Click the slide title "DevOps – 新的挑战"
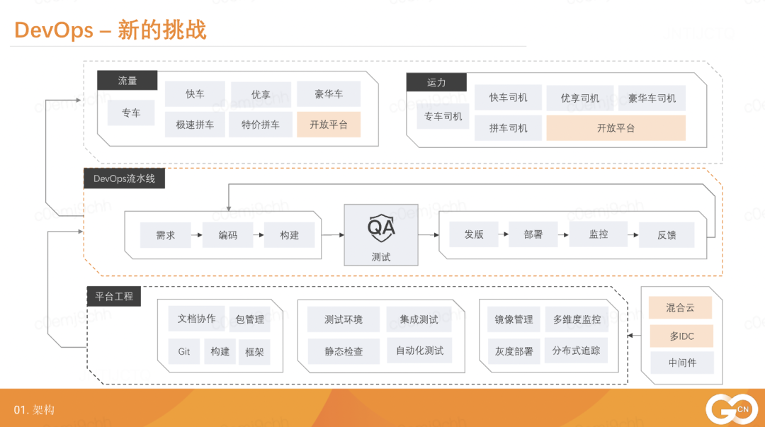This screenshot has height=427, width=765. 110,30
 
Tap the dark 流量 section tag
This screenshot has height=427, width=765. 127,81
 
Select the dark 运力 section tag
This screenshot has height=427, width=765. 436,82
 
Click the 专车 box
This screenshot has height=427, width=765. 131,113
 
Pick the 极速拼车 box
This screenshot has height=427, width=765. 195,125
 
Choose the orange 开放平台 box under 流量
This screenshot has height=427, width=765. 329,125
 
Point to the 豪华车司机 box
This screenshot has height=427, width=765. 652,98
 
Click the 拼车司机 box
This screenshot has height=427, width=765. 508,128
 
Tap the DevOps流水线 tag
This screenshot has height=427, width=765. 124,178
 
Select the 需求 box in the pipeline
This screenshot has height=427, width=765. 166,235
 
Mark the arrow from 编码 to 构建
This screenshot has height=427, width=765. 259,235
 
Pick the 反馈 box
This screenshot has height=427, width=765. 667,235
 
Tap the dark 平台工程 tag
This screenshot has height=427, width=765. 114,296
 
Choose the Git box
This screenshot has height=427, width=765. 184,351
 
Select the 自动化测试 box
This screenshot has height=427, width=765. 419,351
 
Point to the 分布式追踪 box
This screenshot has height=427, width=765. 577,351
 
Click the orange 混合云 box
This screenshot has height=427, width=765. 681,308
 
